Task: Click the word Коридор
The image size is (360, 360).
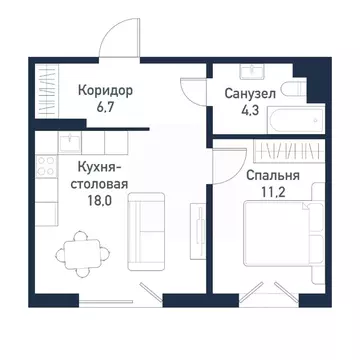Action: [x=105, y=90]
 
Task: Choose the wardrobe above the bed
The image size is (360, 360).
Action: [x=282, y=153]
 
